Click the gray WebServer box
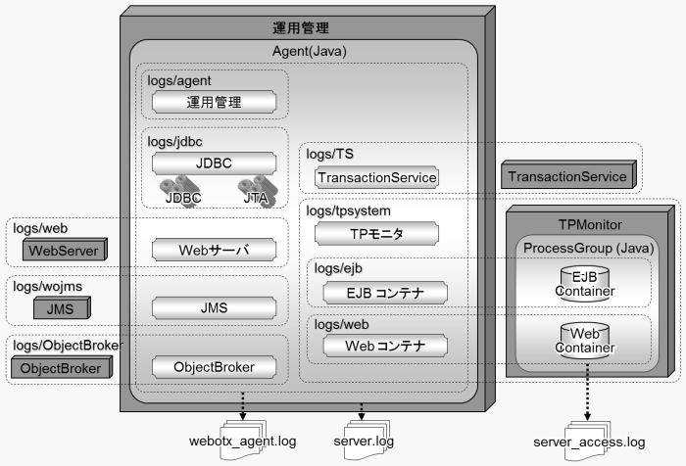(63, 251)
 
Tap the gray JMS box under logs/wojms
(60, 309)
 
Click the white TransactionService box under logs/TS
(375, 177)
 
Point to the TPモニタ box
(375, 234)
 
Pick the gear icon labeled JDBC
(181, 188)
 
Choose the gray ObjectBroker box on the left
(59, 368)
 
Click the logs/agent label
(180, 80)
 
